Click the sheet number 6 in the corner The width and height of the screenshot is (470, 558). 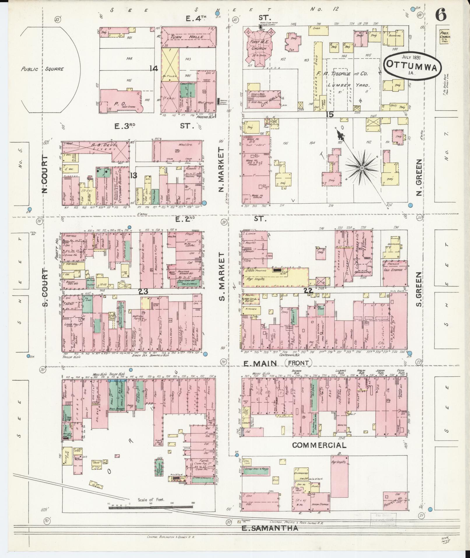pos(441,15)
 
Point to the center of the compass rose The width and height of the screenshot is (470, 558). pos(362,168)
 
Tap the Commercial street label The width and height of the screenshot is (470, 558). pos(319,453)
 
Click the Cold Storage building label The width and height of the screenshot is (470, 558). pos(395,270)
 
